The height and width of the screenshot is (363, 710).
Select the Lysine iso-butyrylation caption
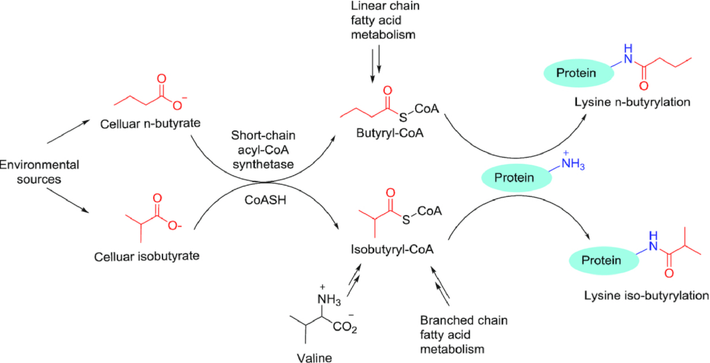[x=646, y=295]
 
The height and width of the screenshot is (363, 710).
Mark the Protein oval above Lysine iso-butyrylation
[x=601, y=260]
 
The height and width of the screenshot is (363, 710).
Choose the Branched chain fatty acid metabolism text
[x=463, y=334]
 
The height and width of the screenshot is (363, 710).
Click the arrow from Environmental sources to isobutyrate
[x=68, y=201]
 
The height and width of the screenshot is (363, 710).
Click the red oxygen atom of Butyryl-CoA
[x=386, y=91]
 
